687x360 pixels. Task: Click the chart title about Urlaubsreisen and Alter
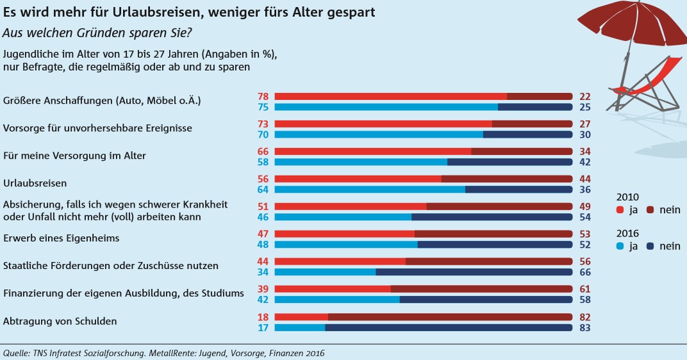coord(189,12)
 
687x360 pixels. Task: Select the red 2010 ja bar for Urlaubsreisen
coord(358,179)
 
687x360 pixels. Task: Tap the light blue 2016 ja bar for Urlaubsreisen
coord(370,189)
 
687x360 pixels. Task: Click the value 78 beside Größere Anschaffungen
coord(263,96)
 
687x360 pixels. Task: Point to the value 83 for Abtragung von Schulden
coord(583,328)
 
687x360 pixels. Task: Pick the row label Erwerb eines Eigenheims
coord(62,238)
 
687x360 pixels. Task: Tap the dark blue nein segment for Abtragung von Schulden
coord(448,327)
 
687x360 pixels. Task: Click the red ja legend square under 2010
coord(620,209)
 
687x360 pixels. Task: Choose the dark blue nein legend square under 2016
coord(650,246)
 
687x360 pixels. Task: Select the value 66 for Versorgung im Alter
coord(263,151)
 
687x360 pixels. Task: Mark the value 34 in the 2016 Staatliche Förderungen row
coord(263,272)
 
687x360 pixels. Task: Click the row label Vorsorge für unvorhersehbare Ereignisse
coord(97,128)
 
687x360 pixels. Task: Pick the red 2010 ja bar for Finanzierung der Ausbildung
coord(333,289)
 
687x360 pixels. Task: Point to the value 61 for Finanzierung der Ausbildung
coord(583,289)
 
